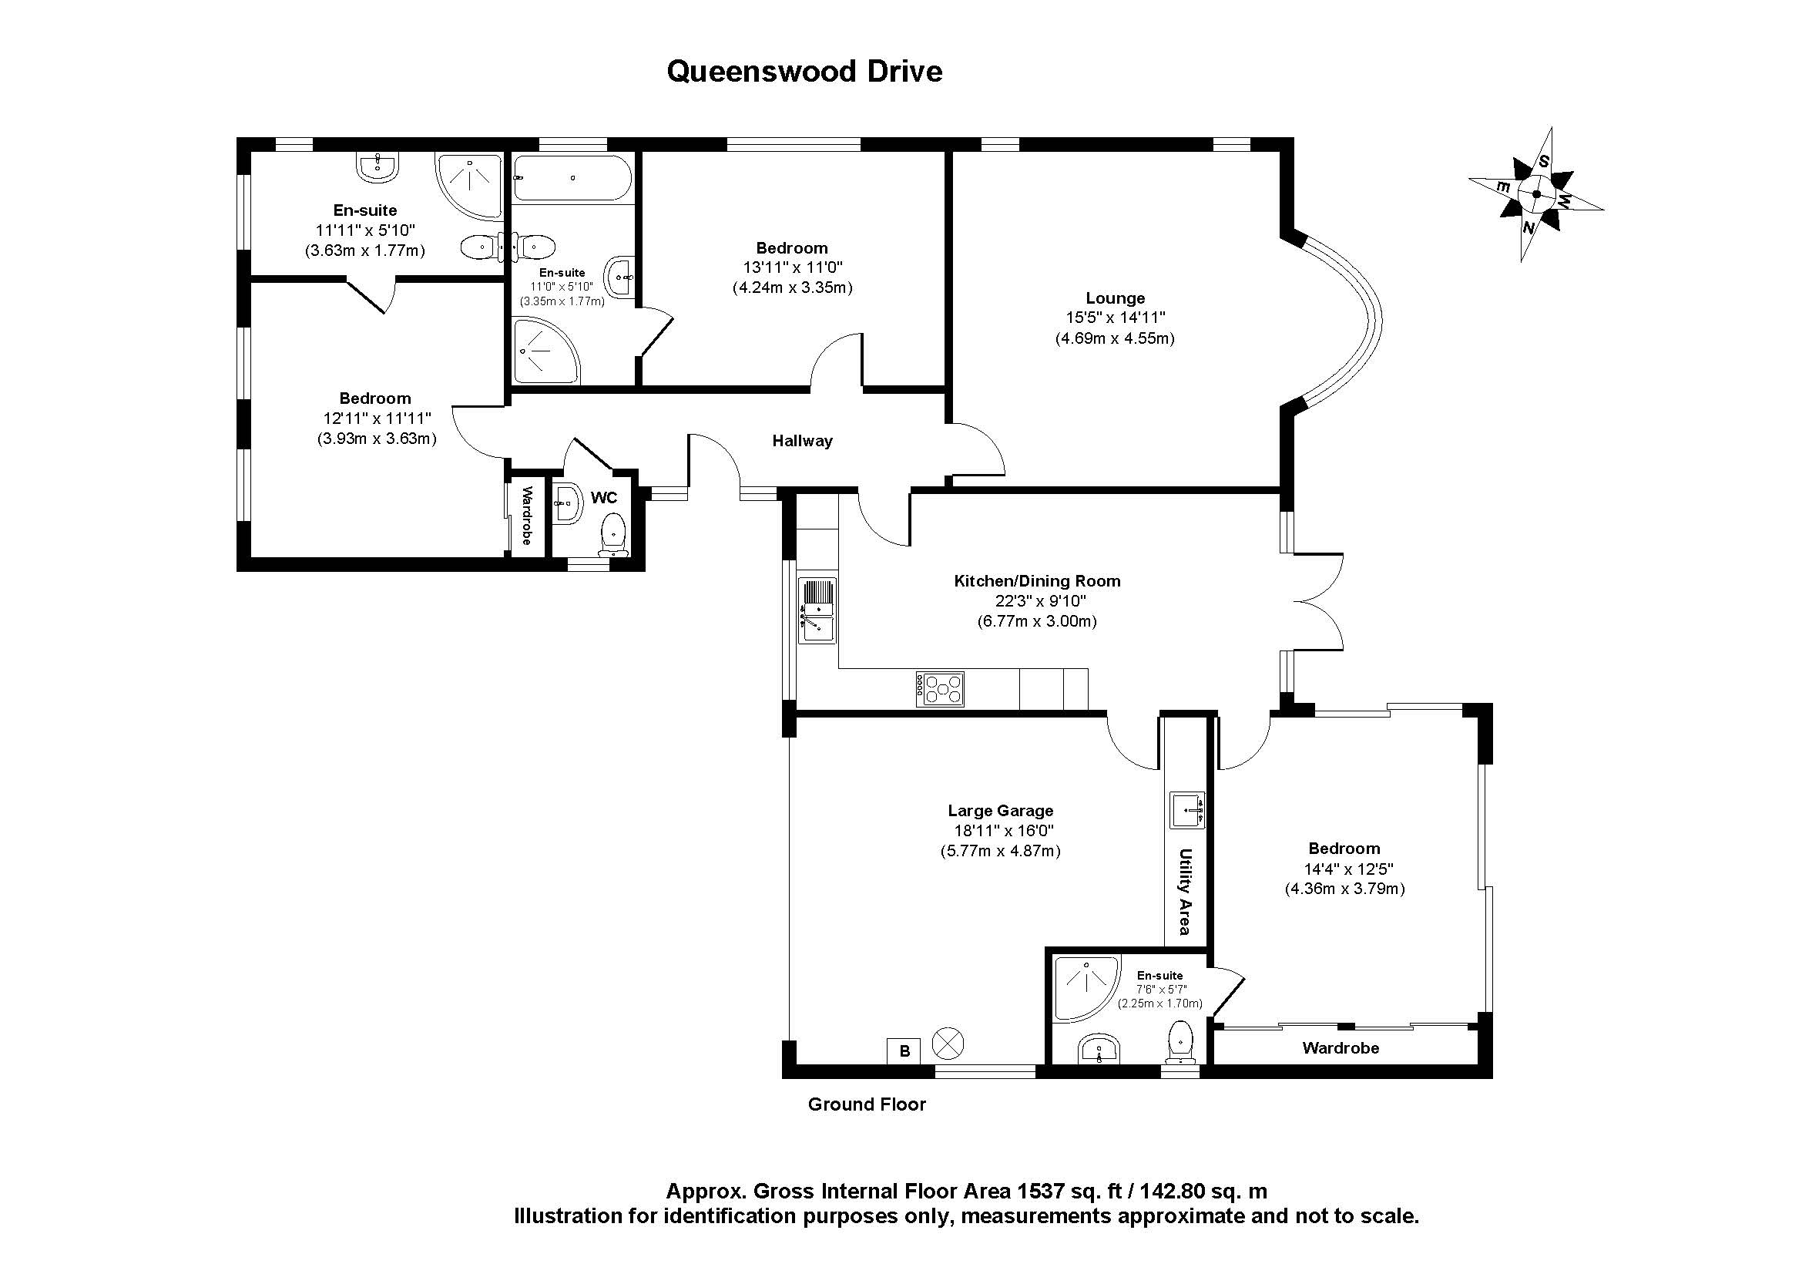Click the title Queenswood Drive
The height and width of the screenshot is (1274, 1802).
[804, 72]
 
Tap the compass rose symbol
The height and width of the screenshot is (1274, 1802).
[1535, 194]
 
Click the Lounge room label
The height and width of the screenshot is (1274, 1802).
[1115, 298]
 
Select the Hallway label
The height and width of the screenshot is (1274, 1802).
[801, 441]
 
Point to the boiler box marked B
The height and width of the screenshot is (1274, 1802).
[904, 1050]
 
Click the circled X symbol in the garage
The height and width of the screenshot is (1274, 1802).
[948, 1044]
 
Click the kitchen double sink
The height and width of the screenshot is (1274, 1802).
[817, 610]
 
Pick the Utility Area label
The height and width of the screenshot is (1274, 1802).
[1185, 892]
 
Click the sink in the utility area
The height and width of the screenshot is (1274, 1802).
[1187, 810]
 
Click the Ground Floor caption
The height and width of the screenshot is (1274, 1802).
[867, 1104]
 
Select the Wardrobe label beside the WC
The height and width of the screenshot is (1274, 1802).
[527, 516]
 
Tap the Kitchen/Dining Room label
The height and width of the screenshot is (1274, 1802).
[1036, 581]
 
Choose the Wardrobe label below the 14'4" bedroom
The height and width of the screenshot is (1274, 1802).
[1340, 1048]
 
